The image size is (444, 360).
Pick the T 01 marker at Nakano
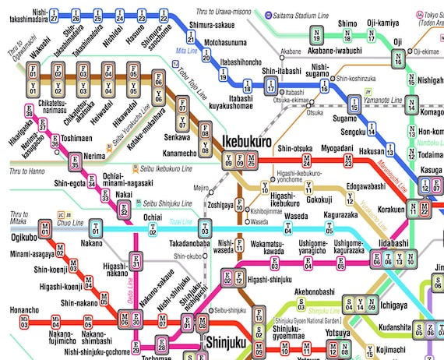point(96,228)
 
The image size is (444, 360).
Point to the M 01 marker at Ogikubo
point(46,228)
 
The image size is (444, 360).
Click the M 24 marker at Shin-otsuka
point(308,161)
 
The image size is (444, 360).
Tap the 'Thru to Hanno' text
point(28,170)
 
